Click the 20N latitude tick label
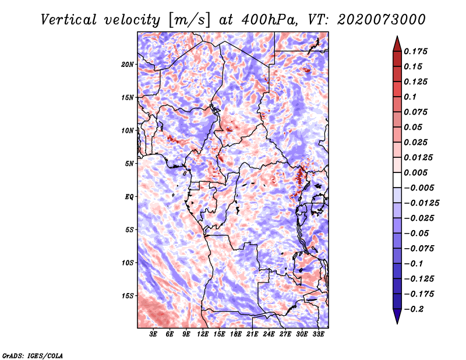(x=128, y=65)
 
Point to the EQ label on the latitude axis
(x=129, y=197)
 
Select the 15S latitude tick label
(x=128, y=296)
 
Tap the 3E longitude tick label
(x=153, y=334)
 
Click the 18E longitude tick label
(x=236, y=334)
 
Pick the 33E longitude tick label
(x=318, y=334)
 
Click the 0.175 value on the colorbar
(x=415, y=51)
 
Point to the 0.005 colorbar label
(x=415, y=172)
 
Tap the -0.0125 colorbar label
(x=421, y=203)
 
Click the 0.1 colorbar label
(x=410, y=97)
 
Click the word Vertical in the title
(x=69, y=20)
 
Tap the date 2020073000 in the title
(x=382, y=20)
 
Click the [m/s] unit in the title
(x=189, y=20)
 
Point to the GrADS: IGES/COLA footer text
(x=33, y=355)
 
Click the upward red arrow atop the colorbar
(x=397, y=44)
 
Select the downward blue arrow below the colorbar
(x=397, y=316)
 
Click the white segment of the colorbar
(x=397, y=180)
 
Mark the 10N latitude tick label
(x=128, y=130)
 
